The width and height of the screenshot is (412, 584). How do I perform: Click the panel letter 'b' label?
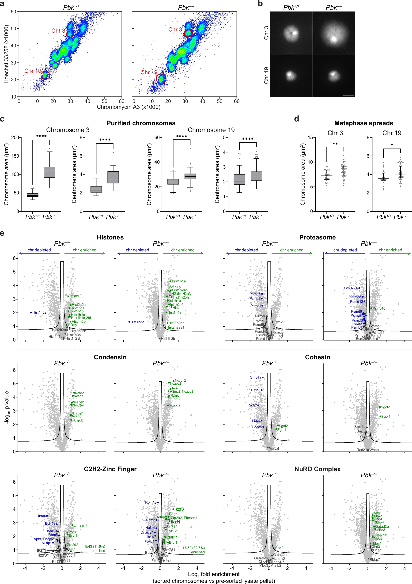(260, 4)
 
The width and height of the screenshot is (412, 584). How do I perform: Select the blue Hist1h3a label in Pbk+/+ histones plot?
(39, 313)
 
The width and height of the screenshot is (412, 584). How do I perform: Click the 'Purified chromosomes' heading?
(141, 123)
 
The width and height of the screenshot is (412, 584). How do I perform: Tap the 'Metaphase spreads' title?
(363, 123)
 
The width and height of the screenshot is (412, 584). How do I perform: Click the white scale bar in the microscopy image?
(349, 96)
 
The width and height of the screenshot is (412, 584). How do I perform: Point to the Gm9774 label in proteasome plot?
(351, 288)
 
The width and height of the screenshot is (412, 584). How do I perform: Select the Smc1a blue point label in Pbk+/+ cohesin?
(256, 377)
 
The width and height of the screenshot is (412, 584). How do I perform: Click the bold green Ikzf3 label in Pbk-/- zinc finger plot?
(179, 509)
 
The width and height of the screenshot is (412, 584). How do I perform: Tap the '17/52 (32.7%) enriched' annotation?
(193, 550)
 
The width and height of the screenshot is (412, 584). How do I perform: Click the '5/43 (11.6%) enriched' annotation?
(95, 548)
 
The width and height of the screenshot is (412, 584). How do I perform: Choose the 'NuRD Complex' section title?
(318, 469)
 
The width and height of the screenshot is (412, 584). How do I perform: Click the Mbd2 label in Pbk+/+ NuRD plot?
(279, 548)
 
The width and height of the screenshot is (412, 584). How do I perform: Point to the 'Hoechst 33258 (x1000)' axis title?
(6, 54)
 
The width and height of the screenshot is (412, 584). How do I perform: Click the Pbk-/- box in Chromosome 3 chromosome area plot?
(49, 172)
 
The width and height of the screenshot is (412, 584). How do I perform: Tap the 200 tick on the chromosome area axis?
(15, 138)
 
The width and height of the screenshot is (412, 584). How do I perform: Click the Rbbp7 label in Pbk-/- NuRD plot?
(375, 560)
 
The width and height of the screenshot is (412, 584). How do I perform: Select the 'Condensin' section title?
(110, 357)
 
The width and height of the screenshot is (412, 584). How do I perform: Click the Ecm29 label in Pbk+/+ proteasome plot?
(279, 322)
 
